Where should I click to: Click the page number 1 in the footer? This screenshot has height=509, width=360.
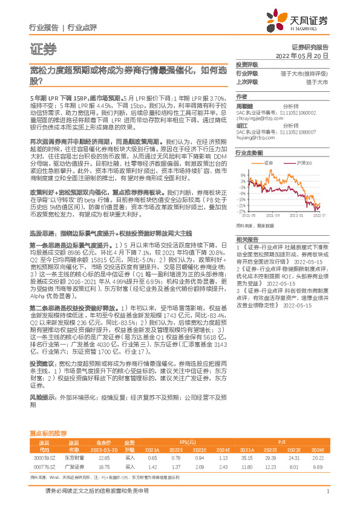pos(327,491)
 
